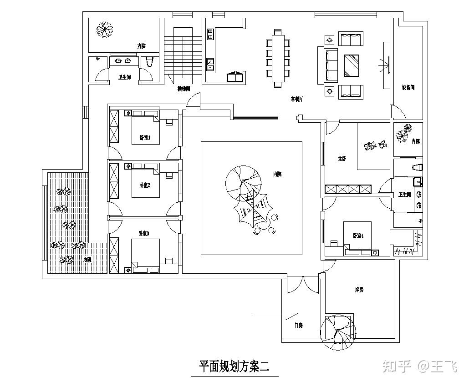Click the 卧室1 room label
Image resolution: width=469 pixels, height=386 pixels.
click(x=145, y=137)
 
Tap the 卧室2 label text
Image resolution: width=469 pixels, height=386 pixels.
click(x=145, y=185)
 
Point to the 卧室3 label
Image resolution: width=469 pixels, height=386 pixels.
click(x=144, y=233)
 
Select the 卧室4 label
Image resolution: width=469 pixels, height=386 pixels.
click(x=358, y=236)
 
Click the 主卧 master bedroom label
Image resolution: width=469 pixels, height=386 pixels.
click(x=342, y=159)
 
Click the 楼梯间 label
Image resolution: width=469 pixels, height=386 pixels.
click(x=184, y=89)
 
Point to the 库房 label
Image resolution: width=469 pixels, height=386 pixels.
click(x=359, y=290)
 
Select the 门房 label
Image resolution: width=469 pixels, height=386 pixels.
click(x=299, y=325)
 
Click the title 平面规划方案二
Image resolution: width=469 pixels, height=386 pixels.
click(x=234, y=366)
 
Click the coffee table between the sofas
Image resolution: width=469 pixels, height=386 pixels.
click(x=351, y=65)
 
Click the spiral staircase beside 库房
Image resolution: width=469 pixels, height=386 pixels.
click(x=338, y=332)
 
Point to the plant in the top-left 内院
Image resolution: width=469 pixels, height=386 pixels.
click(x=105, y=30)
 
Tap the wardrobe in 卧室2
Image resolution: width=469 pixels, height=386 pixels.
click(x=114, y=181)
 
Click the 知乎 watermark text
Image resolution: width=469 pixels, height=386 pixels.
click(x=397, y=366)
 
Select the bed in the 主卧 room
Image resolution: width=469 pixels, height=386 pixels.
click(x=374, y=145)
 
